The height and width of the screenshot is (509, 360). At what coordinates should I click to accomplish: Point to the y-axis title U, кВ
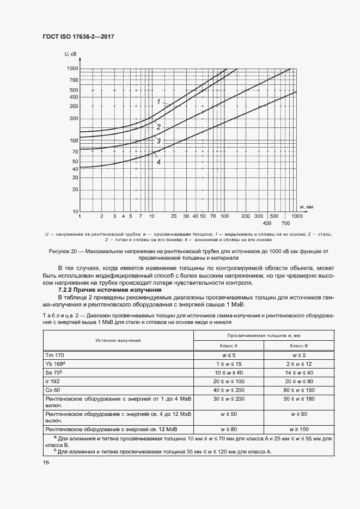click(x=70, y=53)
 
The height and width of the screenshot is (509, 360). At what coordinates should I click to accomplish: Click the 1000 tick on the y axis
click(x=72, y=69)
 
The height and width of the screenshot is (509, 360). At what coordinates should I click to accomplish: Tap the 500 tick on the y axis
click(x=74, y=90)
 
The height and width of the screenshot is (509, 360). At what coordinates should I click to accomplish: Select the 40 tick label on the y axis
click(x=75, y=169)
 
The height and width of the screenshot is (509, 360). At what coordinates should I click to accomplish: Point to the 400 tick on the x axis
click(x=267, y=224)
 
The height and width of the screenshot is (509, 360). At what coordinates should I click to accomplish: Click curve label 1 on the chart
click(x=158, y=102)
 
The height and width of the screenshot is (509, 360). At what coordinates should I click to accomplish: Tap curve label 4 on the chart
click(x=158, y=162)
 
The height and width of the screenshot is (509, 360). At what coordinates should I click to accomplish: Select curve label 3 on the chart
click(x=158, y=141)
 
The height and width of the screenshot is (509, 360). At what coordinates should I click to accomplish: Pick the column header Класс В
click(x=298, y=346)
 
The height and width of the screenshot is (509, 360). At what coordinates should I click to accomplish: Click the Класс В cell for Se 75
click(x=298, y=372)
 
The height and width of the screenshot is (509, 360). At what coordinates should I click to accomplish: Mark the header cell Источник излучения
click(x=118, y=341)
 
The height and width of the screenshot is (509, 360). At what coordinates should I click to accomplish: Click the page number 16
click(x=46, y=462)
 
